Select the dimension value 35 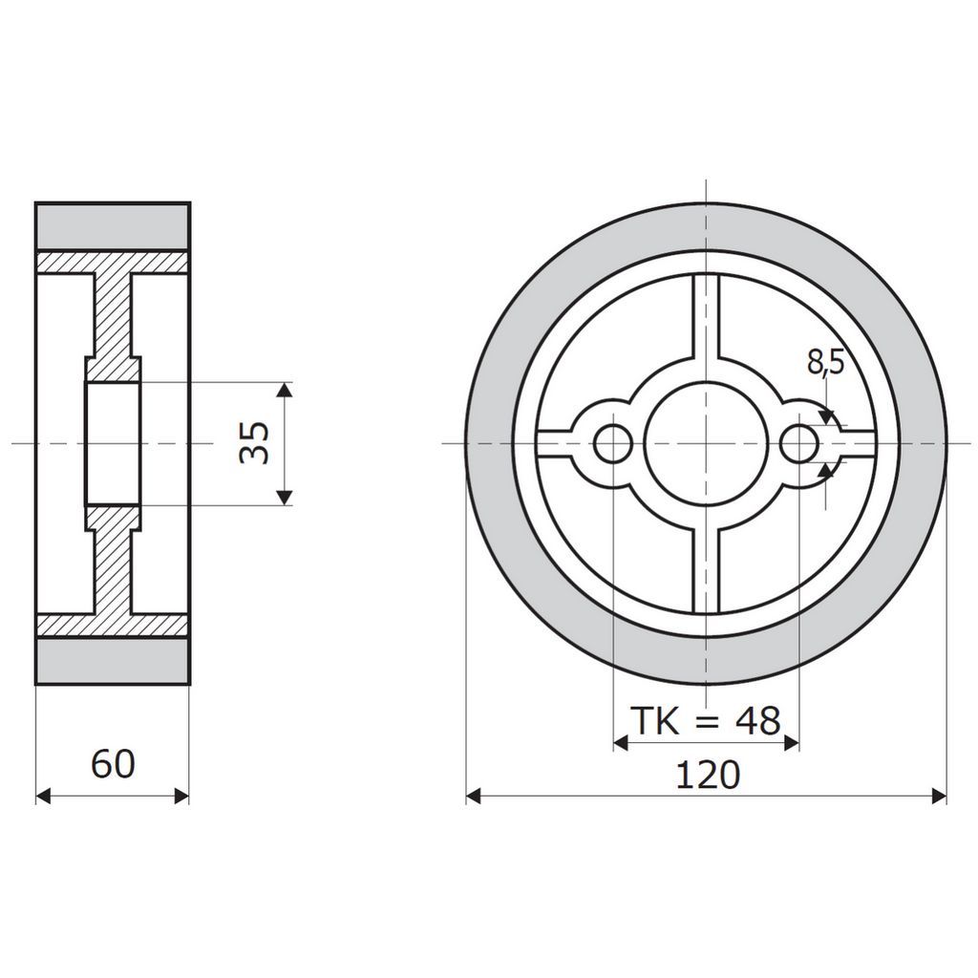(x=254, y=443)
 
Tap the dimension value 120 (x=708, y=776)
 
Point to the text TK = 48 (x=706, y=721)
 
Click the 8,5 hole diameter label (x=826, y=362)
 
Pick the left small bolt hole (x=614, y=443)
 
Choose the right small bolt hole (x=799, y=443)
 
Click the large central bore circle (x=706, y=443)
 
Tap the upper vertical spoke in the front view (x=706, y=317)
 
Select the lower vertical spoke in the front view (x=706, y=570)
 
